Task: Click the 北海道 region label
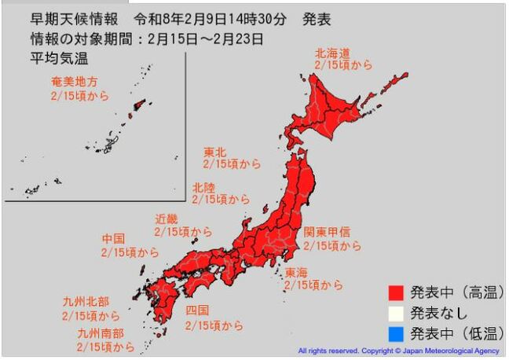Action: (333, 53)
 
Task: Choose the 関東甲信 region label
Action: (331, 233)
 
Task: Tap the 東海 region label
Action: (297, 272)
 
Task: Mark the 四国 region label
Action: (197, 310)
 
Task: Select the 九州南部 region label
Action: (100, 332)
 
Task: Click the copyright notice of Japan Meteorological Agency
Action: (399, 351)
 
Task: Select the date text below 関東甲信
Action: (332, 246)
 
